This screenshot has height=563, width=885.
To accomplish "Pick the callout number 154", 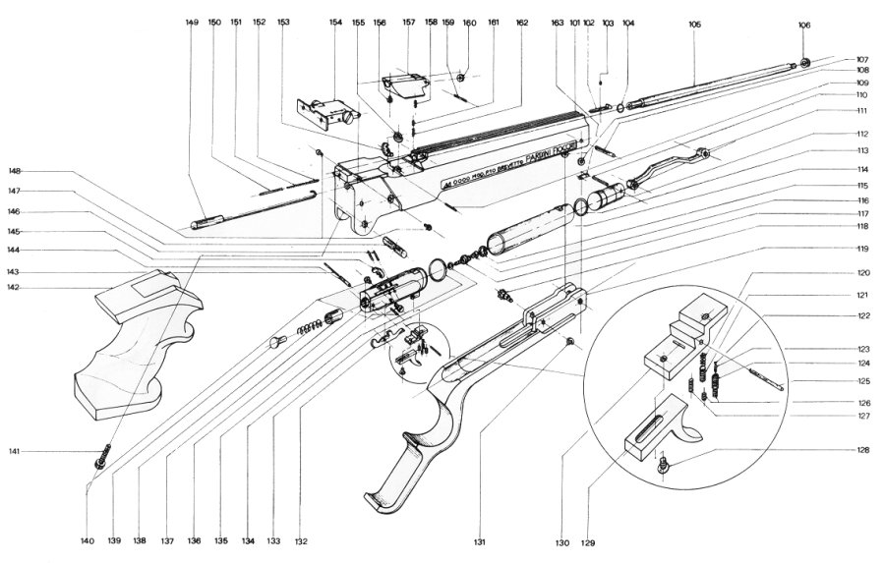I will coord(334,22).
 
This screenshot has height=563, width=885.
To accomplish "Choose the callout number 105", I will coord(694,23).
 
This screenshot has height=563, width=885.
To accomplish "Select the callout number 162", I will coord(521,22).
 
